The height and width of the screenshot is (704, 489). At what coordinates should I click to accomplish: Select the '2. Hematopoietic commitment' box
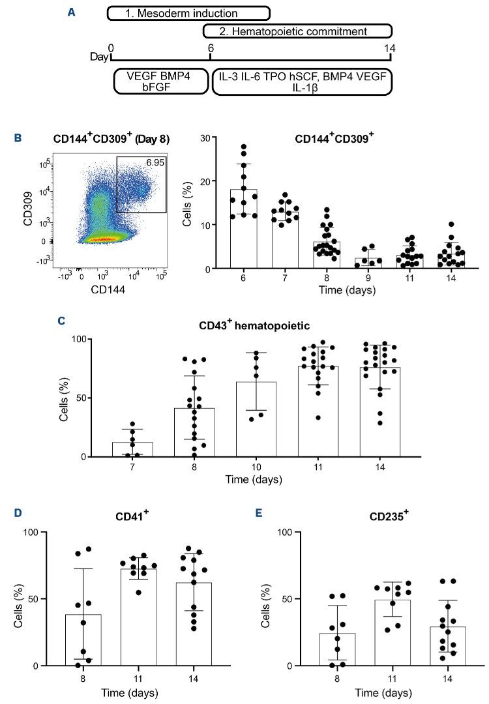point(298,31)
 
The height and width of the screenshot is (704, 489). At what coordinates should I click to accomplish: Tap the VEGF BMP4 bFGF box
point(160,82)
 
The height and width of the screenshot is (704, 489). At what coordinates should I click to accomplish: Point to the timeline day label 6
point(211,49)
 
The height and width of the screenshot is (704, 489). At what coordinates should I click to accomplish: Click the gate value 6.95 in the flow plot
point(155,160)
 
